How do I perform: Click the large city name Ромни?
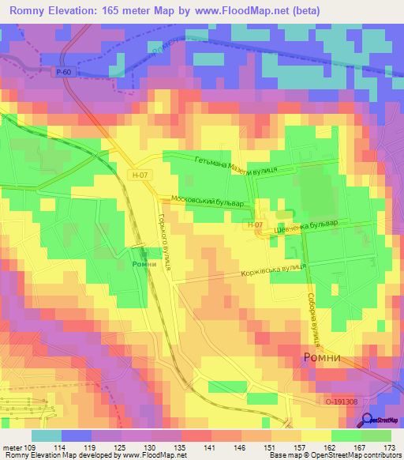pyautogui.click(x=323, y=358)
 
